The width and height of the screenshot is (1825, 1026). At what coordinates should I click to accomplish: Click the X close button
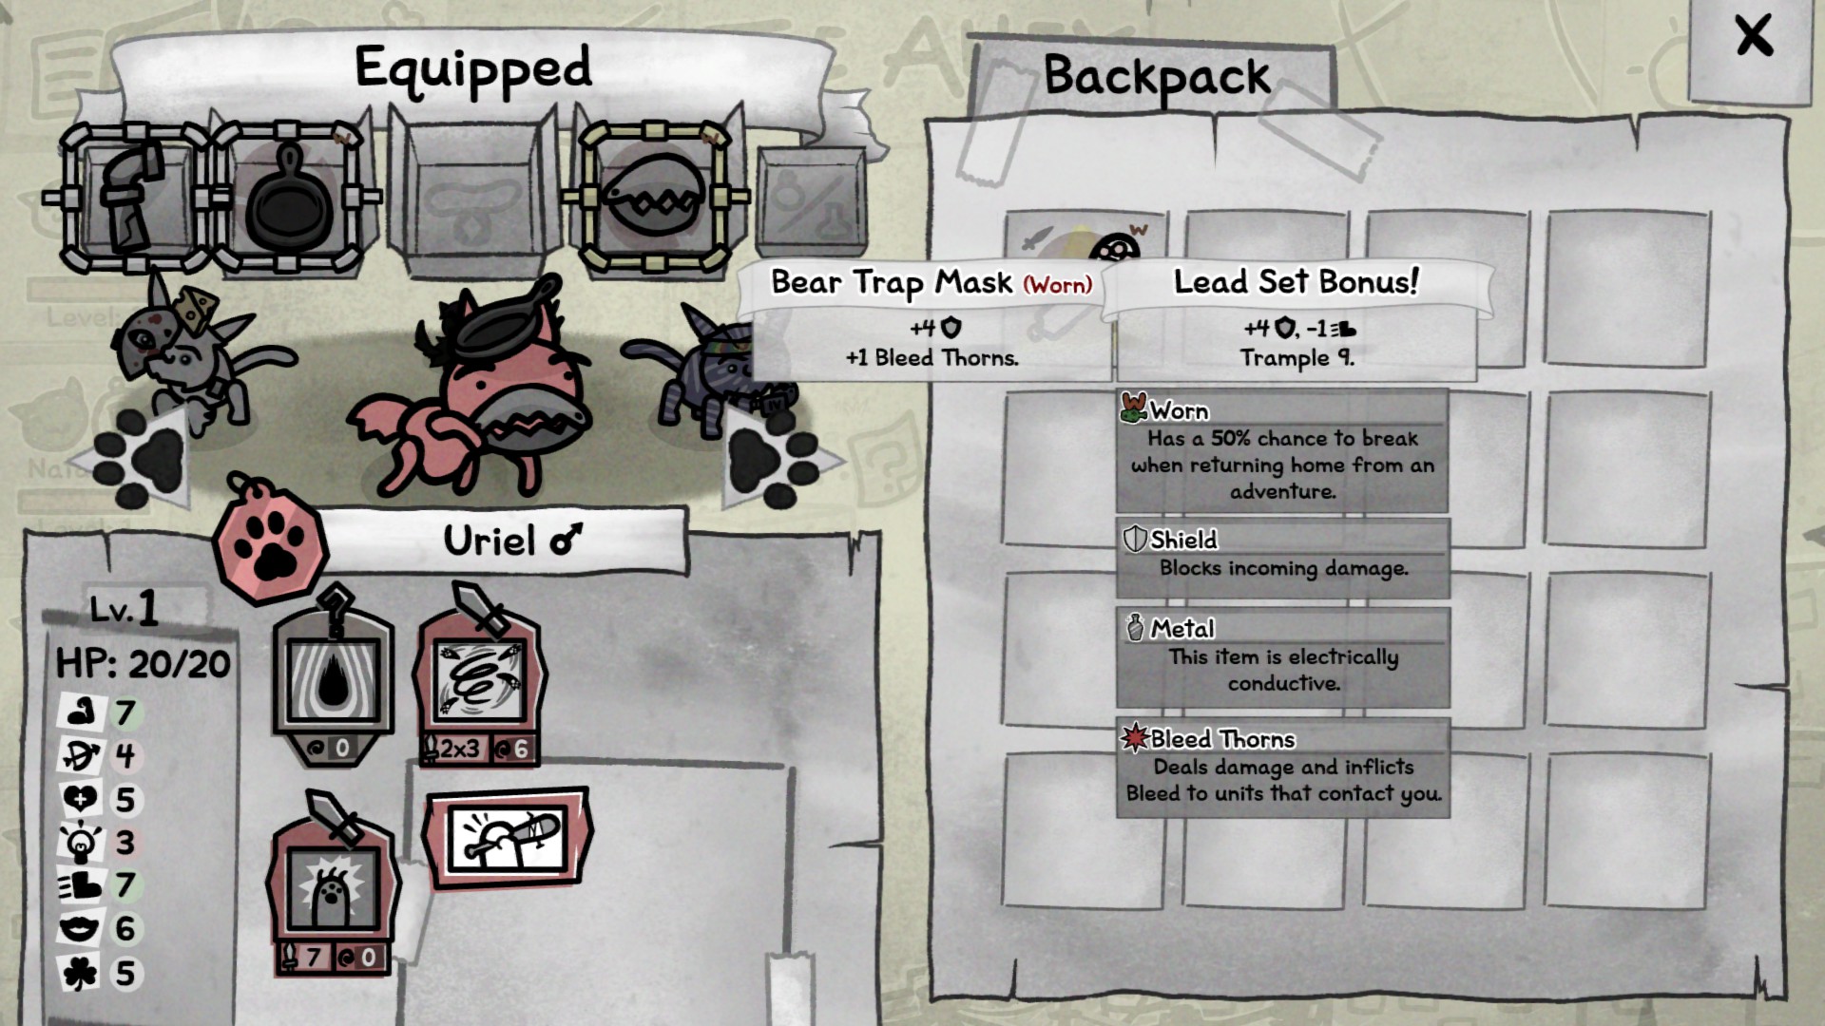coord(1753,38)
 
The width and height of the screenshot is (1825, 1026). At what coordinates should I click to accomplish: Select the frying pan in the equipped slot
coord(290,197)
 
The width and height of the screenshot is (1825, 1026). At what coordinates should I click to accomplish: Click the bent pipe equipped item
coord(133,197)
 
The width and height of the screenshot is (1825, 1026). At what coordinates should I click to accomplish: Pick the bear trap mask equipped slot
coord(654,197)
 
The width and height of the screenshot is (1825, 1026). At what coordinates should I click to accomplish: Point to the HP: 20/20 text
coord(143,663)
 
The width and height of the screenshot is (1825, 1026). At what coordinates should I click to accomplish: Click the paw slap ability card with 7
coord(333,888)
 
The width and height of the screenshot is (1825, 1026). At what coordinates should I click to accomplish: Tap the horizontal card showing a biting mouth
coord(507,837)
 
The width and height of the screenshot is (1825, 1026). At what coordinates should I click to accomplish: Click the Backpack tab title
coord(1156,76)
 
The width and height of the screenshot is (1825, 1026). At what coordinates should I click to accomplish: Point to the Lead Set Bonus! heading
coord(1296,281)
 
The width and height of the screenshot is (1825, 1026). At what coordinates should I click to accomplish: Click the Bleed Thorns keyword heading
coord(1222,739)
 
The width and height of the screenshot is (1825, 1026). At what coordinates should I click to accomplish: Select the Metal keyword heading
coord(1182,629)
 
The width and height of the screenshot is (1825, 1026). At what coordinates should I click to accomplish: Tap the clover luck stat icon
coord(82,973)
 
